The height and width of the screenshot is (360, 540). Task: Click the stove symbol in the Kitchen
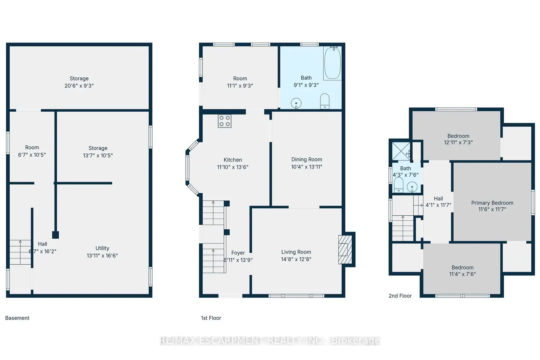pyautogui.click(x=224, y=121)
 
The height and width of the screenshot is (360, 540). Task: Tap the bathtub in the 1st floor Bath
pyautogui.click(x=332, y=63)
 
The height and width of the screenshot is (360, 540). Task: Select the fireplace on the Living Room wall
pyautogui.click(x=345, y=249)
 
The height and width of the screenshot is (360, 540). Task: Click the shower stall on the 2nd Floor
pyautogui.click(x=401, y=151)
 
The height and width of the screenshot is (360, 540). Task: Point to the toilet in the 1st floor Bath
pyautogui.click(x=325, y=101)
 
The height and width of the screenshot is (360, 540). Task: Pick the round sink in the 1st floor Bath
pyautogui.click(x=296, y=103)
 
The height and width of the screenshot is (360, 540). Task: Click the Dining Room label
pyautogui.click(x=307, y=159)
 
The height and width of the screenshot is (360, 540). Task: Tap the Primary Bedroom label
pyautogui.click(x=492, y=203)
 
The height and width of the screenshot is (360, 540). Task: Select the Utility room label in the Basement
pyautogui.click(x=102, y=248)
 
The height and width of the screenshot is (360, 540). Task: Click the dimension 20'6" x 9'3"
pyautogui.click(x=79, y=86)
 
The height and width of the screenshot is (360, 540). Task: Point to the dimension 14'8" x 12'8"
pyautogui.click(x=296, y=259)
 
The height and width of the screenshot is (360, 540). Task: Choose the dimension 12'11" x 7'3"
pyautogui.click(x=458, y=143)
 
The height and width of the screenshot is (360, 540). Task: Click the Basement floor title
pyautogui.click(x=17, y=318)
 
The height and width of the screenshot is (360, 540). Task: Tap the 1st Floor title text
pyautogui.click(x=211, y=318)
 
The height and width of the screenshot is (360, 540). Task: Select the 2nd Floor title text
pyautogui.click(x=400, y=296)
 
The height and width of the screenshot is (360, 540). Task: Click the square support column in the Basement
pyautogui.click(x=55, y=235)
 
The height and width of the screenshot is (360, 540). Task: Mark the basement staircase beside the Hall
pyautogui.click(x=20, y=252)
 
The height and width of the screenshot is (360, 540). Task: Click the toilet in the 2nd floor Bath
pyautogui.click(x=399, y=185)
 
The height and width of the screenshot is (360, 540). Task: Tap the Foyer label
pyautogui.click(x=238, y=253)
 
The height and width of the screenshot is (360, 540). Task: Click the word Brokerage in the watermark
pyautogui.click(x=356, y=341)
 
